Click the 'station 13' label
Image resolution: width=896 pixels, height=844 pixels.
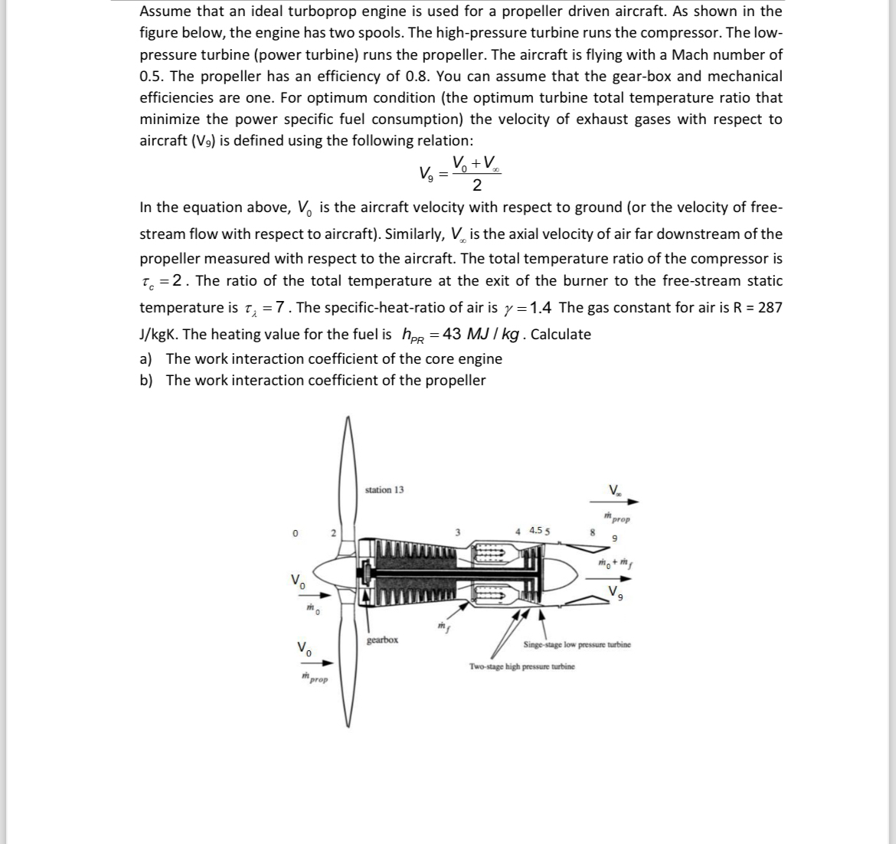pyautogui.click(x=384, y=489)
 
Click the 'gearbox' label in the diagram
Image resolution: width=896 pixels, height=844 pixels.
pyautogui.click(x=382, y=639)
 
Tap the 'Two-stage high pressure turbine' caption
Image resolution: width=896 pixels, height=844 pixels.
pyautogui.click(x=522, y=666)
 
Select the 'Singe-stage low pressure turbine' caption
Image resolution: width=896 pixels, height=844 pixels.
pyautogui.click(x=577, y=645)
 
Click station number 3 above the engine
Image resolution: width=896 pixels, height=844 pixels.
pyautogui.click(x=457, y=531)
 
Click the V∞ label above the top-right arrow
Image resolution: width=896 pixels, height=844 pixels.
pyautogui.click(x=615, y=490)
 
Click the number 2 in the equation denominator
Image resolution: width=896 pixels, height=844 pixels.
pyautogui.click(x=476, y=185)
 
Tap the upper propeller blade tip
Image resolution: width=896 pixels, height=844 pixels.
pyautogui.click(x=348, y=421)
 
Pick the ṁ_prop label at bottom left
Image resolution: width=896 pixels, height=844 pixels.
pyautogui.click(x=314, y=679)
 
